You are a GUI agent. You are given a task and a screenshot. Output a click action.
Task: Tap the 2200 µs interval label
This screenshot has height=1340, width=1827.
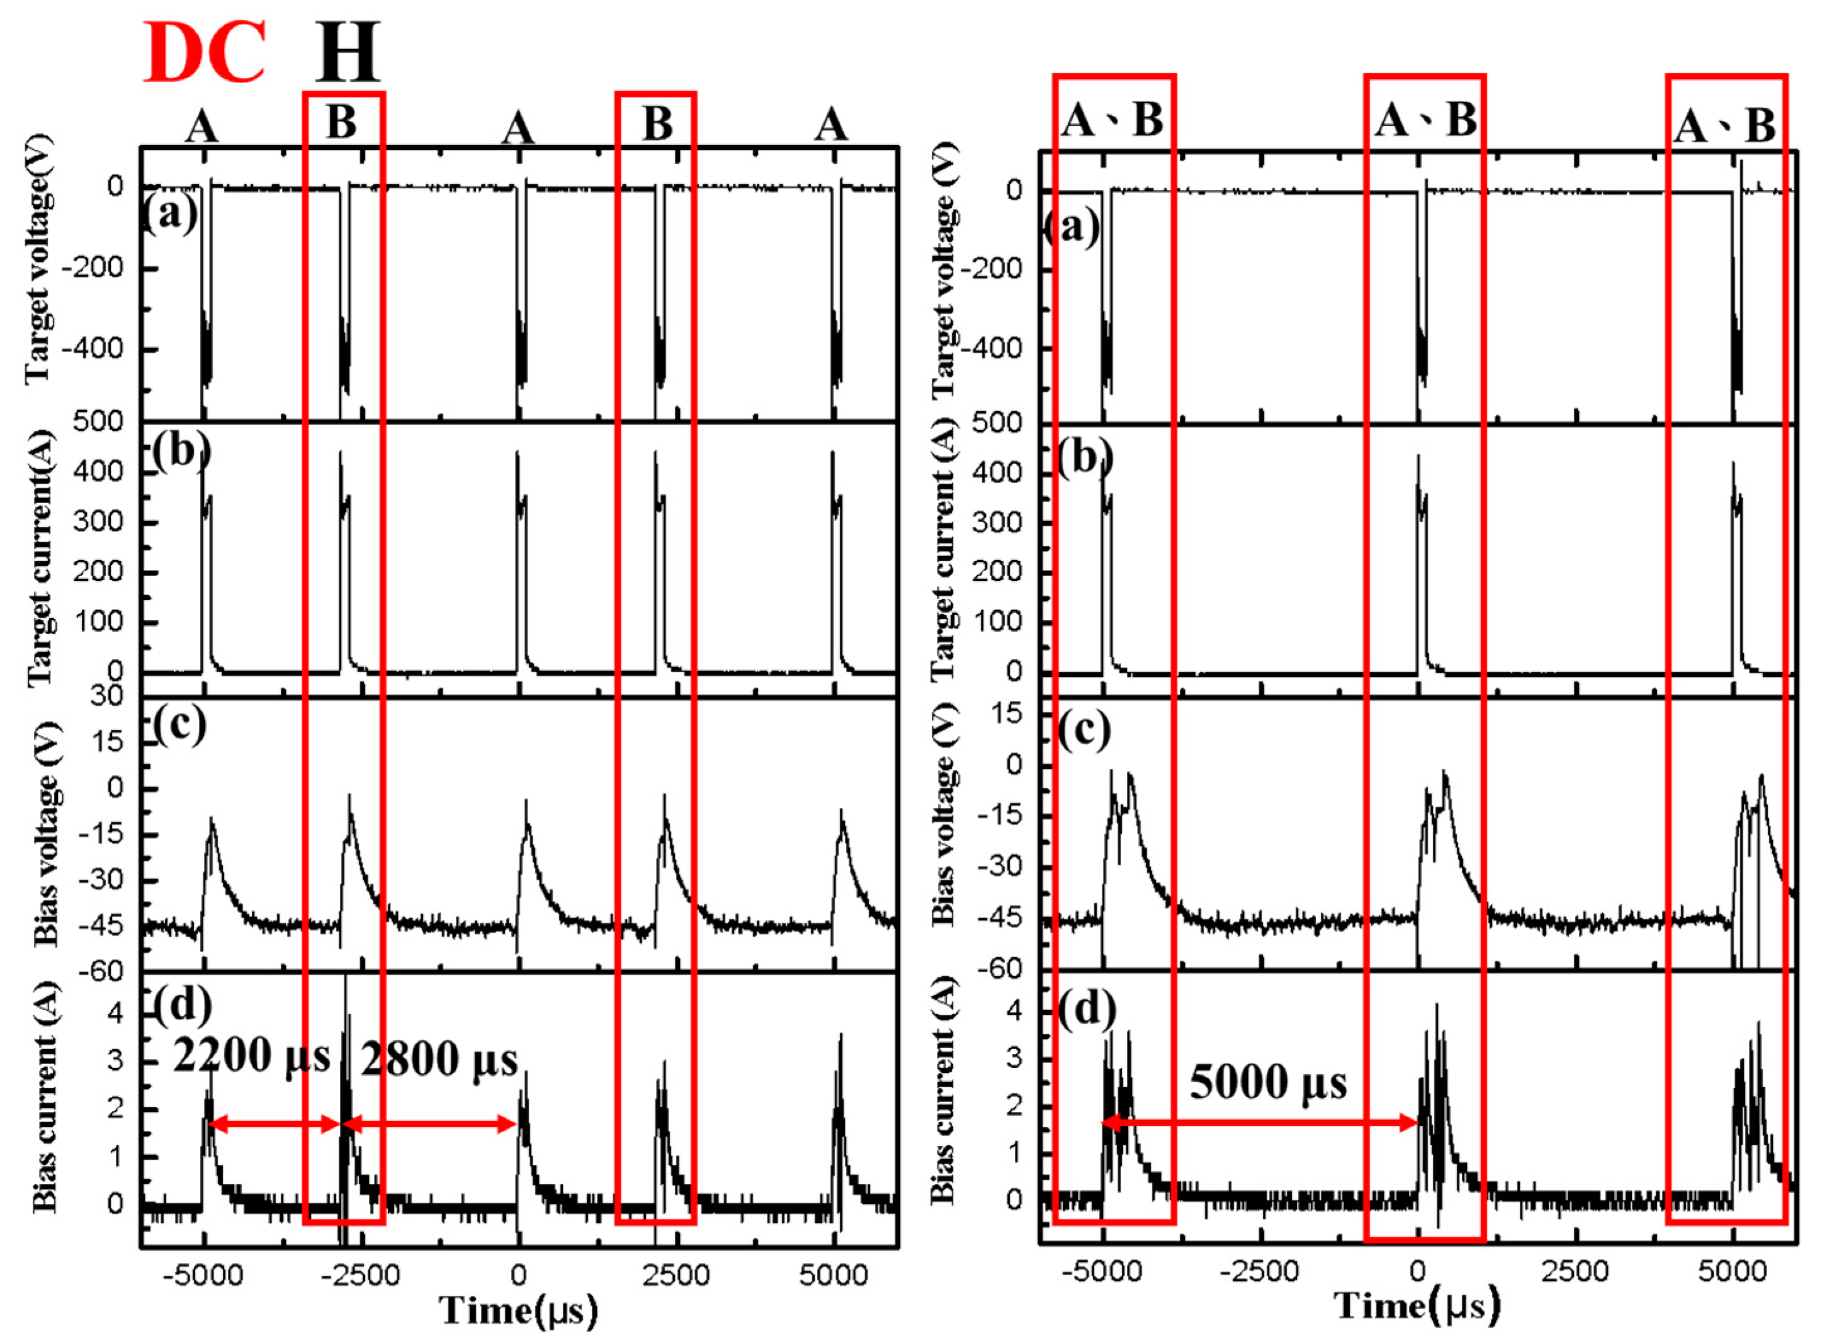(252, 1056)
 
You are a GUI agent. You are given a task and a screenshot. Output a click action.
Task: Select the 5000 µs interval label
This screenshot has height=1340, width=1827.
(1267, 1081)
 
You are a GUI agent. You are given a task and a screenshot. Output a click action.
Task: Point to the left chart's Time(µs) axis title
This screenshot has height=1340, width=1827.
(519, 1310)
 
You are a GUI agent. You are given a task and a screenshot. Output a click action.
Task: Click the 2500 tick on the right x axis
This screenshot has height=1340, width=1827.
(1574, 1271)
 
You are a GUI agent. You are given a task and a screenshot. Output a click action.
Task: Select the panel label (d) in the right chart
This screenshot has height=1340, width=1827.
(1087, 1009)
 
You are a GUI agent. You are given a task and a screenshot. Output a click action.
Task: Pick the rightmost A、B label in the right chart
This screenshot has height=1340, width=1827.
(1725, 126)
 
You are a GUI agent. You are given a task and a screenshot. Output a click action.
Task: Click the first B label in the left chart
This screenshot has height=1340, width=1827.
(341, 123)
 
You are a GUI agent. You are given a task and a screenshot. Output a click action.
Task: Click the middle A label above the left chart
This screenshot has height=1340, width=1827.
(518, 127)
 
